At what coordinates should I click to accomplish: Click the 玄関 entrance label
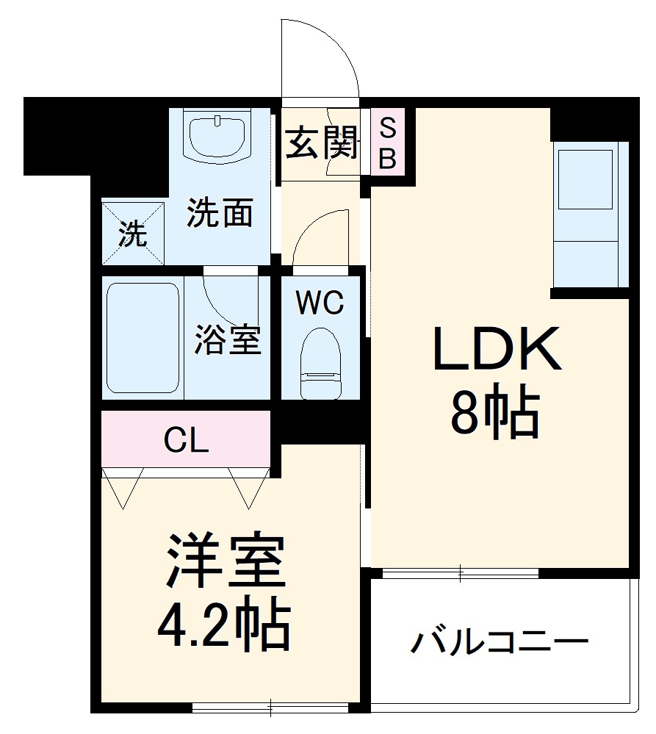[x=322, y=143]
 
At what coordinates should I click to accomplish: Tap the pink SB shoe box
[x=387, y=143]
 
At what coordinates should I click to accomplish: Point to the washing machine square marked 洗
[x=133, y=233]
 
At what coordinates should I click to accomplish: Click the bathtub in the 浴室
[x=143, y=337]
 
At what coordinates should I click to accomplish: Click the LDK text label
[x=497, y=350]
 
